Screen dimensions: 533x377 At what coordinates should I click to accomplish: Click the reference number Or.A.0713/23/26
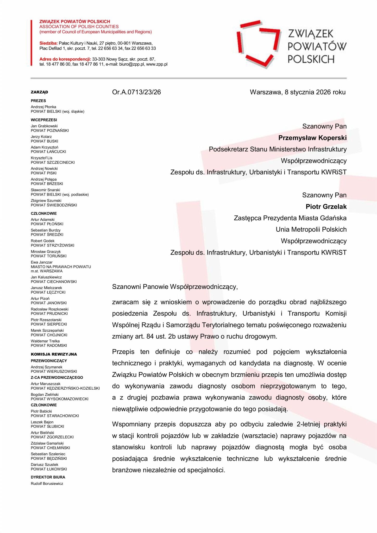[x=136, y=92]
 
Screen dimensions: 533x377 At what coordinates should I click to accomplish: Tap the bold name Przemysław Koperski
[x=312, y=138]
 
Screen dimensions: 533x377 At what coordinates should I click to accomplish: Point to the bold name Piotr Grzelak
[x=326, y=207]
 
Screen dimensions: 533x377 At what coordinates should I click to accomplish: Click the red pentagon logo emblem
[x=259, y=44]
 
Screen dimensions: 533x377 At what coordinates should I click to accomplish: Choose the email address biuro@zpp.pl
[x=131, y=64]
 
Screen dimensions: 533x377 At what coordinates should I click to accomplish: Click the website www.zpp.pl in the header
[x=157, y=64]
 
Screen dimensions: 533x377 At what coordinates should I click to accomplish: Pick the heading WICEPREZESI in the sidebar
[x=44, y=120]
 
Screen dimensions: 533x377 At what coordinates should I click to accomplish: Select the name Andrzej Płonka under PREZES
[x=43, y=107]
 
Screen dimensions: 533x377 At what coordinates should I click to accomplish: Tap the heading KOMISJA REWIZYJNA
[x=54, y=354]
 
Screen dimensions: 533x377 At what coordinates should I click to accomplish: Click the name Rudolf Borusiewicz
[x=47, y=484]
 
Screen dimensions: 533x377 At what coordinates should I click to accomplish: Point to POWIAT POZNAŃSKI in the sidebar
[x=50, y=131]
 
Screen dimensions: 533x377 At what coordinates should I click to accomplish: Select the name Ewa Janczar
[x=42, y=262]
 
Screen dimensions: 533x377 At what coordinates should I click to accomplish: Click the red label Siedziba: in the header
[x=48, y=43]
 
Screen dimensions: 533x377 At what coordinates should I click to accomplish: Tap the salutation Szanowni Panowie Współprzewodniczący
[x=175, y=287]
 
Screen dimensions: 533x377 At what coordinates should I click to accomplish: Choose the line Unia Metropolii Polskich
[x=311, y=230]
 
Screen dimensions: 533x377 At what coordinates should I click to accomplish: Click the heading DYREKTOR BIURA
[x=48, y=477]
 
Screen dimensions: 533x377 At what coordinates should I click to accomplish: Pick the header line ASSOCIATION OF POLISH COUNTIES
[x=79, y=27]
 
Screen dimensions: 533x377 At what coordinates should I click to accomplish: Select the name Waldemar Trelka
[x=45, y=341]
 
